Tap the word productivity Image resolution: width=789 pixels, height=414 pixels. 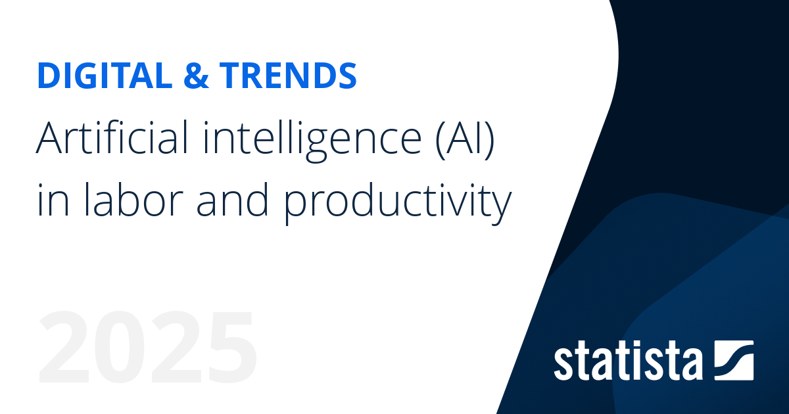(x=397, y=201)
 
